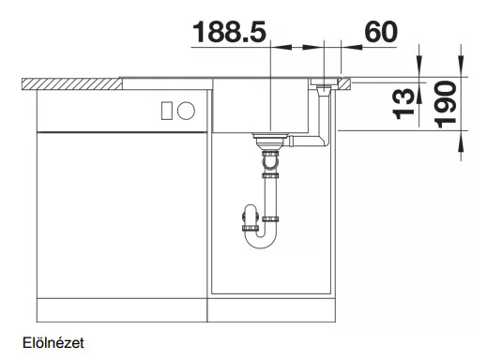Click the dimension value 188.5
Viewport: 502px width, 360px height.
pyautogui.click(x=229, y=32)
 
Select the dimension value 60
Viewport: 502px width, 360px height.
pyautogui.click(x=381, y=32)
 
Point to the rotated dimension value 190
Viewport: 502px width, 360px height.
pyautogui.click(x=446, y=104)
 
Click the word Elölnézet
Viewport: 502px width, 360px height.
pyautogui.click(x=53, y=343)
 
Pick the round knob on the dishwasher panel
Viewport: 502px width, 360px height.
pyautogui.click(x=186, y=111)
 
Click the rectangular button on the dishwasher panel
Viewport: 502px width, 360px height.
pyautogui.click(x=167, y=111)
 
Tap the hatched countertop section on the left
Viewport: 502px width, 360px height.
pyautogui.click(x=72, y=83)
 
